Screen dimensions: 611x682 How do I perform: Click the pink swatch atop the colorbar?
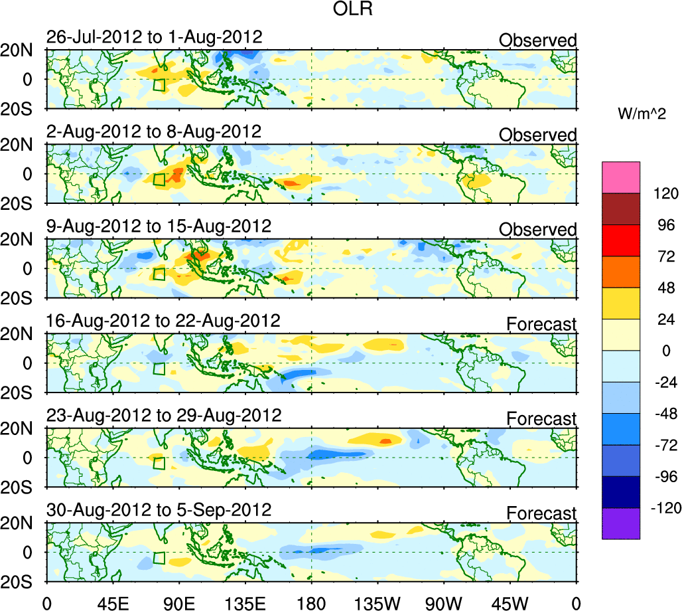(x=622, y=177)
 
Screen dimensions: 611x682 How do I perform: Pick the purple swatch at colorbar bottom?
(x=622, y=523)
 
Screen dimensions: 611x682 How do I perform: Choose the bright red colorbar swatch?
(x=622, y=240)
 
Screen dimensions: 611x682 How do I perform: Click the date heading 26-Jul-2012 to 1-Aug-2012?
(x=154, y=37)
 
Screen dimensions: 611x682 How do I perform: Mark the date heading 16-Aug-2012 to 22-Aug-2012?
(x=163, y=321)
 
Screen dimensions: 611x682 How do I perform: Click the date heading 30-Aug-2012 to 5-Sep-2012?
(x=159, y=510)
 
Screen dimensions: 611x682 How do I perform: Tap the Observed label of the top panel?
(x=538, y=41)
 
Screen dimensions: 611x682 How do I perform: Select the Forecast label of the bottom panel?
(x=541, y=513)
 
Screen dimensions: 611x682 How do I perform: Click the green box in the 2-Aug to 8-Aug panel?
(x=159, y=179)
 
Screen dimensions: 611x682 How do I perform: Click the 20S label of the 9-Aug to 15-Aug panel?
(x=23, y=298)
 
